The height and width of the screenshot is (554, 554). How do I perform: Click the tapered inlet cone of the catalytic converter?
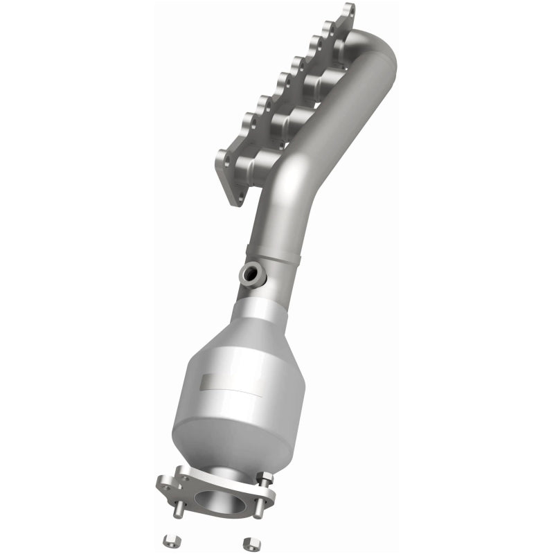(x=260, y=322)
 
